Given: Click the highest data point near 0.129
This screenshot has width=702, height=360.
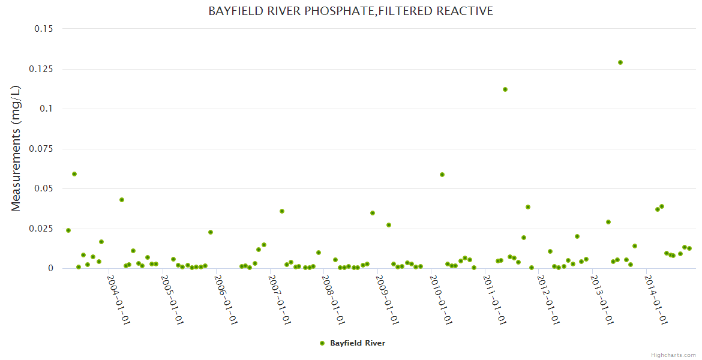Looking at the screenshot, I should click(620, 62).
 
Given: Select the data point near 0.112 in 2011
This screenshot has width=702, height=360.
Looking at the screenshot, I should click(505, 89).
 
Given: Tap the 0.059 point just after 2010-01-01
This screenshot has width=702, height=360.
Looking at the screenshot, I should click(442, 175).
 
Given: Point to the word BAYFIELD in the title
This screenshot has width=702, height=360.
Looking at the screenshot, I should click(232, 11).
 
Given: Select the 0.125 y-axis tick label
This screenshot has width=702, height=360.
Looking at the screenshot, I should click(41, 69).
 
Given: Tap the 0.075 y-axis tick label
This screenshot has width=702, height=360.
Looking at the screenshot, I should click(41, 149).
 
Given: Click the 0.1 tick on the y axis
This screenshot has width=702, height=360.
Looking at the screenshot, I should click(46, 109).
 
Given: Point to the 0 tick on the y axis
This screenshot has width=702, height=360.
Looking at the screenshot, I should click(50, 268).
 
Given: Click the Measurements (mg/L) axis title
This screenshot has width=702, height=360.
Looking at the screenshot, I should click(16, 148).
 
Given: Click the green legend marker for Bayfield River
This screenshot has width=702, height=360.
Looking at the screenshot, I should click(322, 343).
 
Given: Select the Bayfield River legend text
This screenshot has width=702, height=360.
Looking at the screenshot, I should click(358, 343).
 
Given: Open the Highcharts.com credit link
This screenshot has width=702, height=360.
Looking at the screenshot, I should click(673, 355).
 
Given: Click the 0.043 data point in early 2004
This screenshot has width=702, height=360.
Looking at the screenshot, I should click(122, 200).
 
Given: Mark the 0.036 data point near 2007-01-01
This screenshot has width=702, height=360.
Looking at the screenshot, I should click(282, 211).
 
